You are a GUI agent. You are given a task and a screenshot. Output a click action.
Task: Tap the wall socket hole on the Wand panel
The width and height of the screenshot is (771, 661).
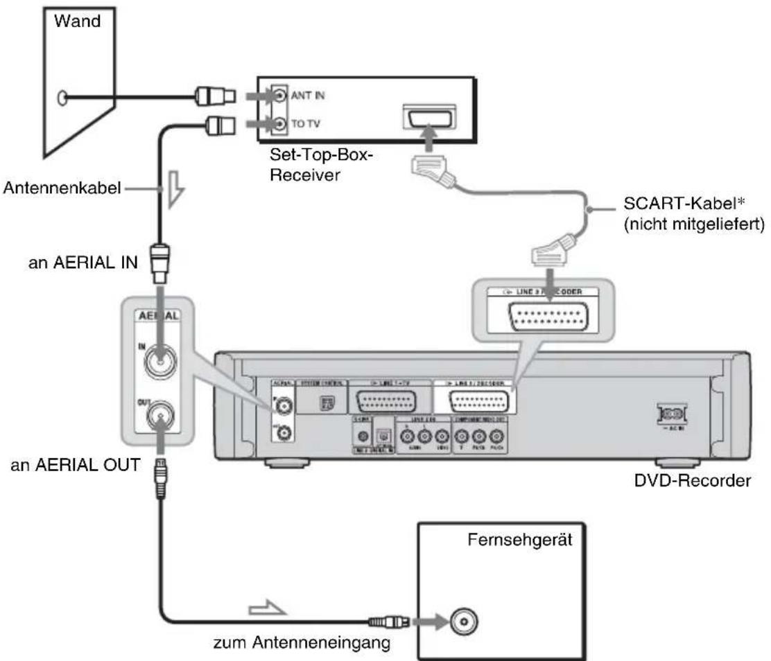click(x=64, y=98)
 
